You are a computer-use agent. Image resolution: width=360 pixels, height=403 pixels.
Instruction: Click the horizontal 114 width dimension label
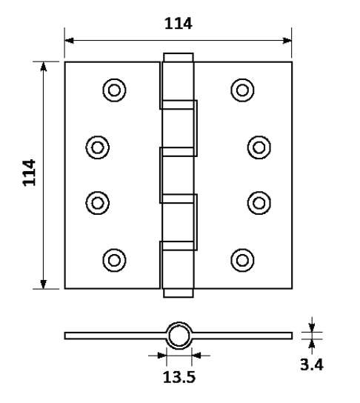click(x=178, y=24)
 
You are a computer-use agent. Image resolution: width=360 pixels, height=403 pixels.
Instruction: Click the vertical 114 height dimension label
click(x=30, y=173)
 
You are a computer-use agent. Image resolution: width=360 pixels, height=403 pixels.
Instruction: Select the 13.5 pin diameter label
click(x=179, y=377)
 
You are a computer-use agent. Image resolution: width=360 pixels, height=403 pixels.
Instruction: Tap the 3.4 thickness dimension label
click(x=311, y=364)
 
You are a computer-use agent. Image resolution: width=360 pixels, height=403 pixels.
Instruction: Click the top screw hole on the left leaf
click(x=114, y=90)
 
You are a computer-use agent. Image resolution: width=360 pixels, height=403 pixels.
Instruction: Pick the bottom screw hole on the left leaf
click(x=114, y=260)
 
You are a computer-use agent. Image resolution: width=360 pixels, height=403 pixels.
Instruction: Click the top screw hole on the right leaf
click(x=242, y=90)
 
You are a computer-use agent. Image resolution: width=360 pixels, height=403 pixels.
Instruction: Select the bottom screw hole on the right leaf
click(x=242, y=260)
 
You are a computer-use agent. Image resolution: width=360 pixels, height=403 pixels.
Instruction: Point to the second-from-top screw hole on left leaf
click(x=97, y=147)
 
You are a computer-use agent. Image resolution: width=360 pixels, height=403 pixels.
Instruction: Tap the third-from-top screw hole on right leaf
click(x=259, y=203)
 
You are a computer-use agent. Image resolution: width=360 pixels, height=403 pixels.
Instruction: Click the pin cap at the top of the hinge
click(x=179, y=57)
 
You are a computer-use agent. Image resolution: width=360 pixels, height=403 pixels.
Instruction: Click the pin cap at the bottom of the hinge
click(x=179, y=293)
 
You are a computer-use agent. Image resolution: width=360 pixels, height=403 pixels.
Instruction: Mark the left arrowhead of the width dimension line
click(x=69, y=41)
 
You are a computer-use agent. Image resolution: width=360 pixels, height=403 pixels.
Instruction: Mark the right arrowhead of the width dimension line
click(x=287, y=41)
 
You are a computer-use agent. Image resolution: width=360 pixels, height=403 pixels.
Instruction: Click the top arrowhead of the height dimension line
click(x=44, y=67)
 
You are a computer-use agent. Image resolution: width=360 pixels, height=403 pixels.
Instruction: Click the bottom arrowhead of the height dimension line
click(x=44, y=284)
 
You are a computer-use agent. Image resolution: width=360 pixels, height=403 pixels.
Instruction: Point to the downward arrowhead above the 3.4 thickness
click(x=312, y=327)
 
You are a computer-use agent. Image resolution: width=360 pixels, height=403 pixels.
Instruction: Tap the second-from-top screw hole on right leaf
click(x=259, y=147)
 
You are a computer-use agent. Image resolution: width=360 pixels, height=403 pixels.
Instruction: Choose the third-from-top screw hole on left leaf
click(x=97, y=203)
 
